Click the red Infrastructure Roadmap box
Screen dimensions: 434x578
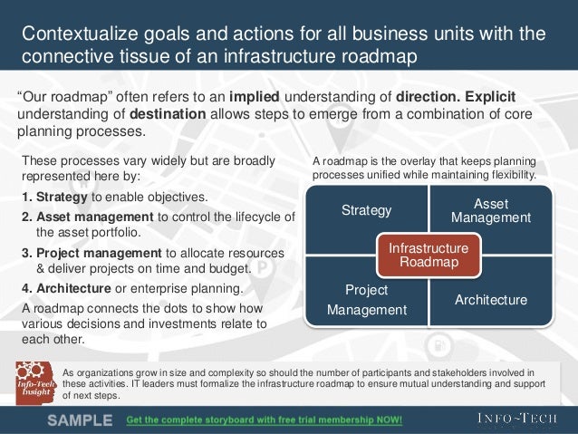tap(429, 255)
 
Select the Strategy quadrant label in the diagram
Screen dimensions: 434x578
tap(366, 211)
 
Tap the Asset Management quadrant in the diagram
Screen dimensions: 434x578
tap(490, 211)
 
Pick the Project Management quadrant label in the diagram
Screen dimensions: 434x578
tap(366, 300)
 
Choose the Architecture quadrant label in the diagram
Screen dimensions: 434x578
tap(490, 299)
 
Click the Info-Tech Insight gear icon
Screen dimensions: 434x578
tap(33, 381)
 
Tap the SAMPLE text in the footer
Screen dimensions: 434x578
tap(80, 420)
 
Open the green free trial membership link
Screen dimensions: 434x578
tap(263, 420)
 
